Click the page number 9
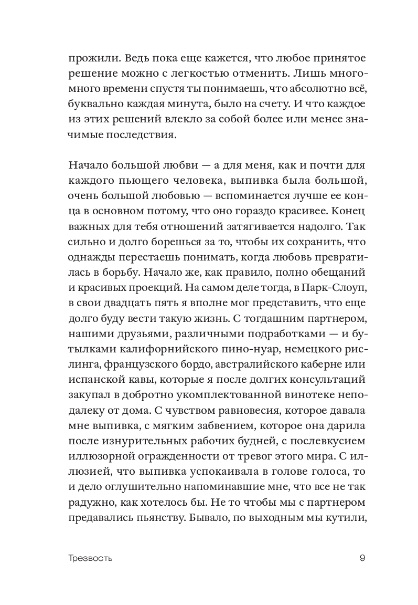[362, 558]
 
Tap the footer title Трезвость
[90, 558]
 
